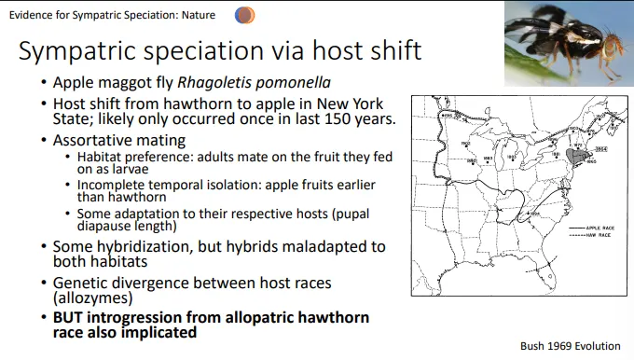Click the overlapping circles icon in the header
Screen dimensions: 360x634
(x=245, y=15)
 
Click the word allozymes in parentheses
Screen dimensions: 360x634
(x=93, y=298)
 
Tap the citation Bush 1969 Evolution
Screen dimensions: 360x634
(x=570, y=345)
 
